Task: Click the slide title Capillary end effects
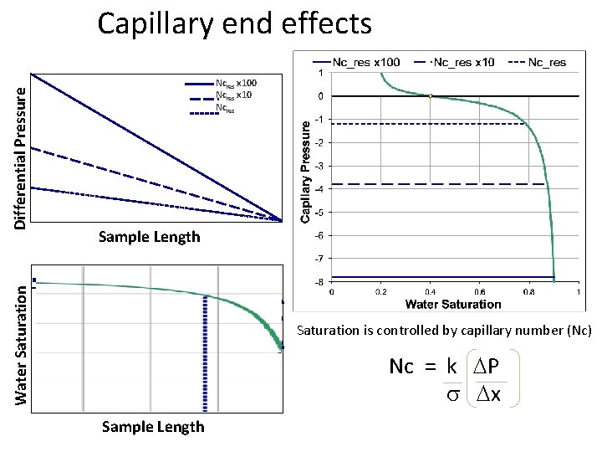coord(234,23)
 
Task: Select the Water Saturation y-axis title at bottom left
coord(27,343)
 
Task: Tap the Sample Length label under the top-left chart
coord(150,237)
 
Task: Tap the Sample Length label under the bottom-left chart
coord(152,427)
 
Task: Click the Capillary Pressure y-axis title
coord(307,169)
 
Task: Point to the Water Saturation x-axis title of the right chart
coord(453,304)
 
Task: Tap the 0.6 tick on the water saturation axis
coord(480,293)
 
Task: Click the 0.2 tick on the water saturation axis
coord(381,293)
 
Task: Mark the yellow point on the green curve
coord(430,96)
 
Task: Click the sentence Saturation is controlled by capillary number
coord(444,331)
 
